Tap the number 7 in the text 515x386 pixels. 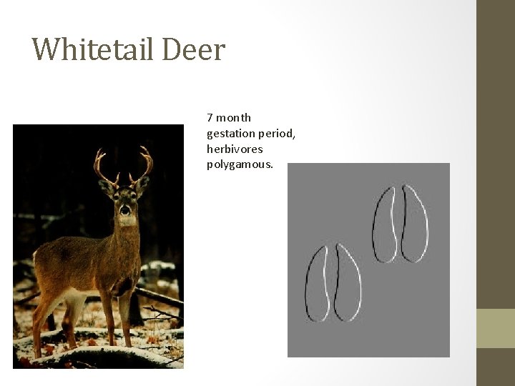click(x=210, y=117)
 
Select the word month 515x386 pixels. click(x=235, y=117)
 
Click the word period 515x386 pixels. click(x=275, y=134)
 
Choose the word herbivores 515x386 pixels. click(x=235, y=149)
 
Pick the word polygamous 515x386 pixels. click(x=240, y=165)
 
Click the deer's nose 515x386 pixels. click(x=125, y=211)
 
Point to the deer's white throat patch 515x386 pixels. click(x=127, y=222)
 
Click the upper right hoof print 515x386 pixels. click(x=400, y=224)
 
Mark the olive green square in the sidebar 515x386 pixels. click(x=495, y=328)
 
